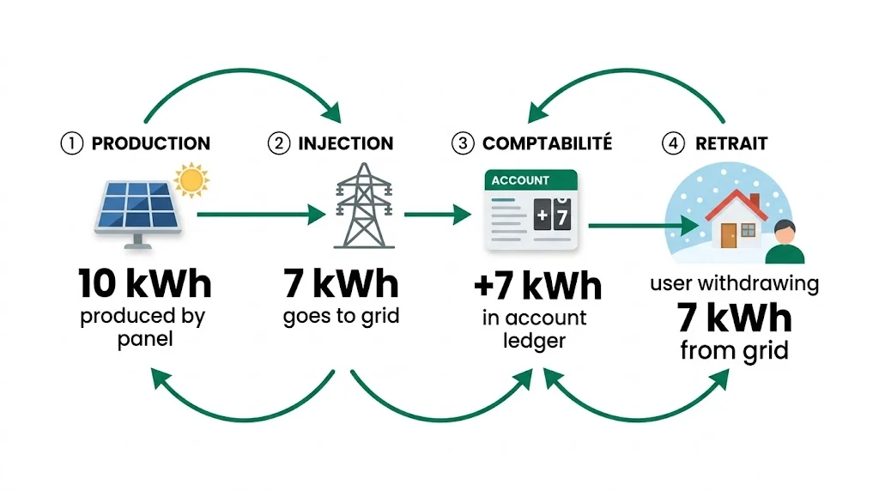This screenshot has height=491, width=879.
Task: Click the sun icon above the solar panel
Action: [191, 179]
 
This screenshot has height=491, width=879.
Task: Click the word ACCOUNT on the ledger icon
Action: [519, 180]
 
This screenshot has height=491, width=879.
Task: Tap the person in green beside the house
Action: [784, 242]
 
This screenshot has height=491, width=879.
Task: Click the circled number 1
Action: [70, 143]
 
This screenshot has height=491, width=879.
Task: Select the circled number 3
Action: [463, 143]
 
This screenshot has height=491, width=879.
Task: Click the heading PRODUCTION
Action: [150, 143]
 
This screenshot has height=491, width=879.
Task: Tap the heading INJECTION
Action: [345, 143]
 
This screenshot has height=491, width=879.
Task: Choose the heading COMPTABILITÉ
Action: [548, 143]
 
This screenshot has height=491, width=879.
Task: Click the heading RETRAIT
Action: [732, 143]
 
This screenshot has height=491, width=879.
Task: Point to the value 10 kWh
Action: [143, 282]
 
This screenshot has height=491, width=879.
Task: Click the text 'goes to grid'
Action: [342, 316]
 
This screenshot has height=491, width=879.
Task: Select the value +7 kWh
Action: [536, 286]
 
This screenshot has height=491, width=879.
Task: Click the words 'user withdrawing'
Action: [734, 283]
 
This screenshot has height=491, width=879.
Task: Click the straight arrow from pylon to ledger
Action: [438, 214]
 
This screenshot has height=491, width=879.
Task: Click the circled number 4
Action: [674, 143]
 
